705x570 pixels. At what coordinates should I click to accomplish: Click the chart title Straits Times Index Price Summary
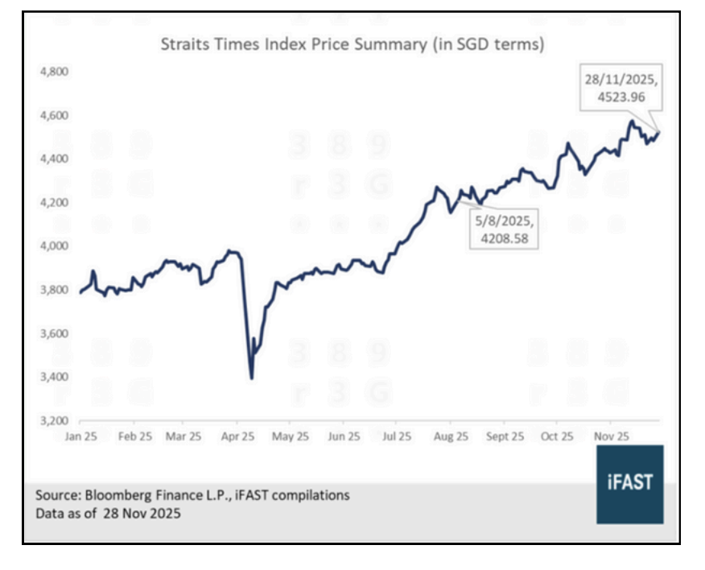click(352, 45)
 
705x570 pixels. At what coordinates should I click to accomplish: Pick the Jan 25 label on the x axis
click(83, 437)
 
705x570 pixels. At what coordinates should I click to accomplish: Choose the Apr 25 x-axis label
click(237, 437)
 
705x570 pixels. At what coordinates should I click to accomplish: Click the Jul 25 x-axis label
click(396, 437)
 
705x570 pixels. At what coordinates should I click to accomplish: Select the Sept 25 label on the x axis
click(504, 437)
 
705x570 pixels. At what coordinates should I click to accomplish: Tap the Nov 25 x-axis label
click(611, 437)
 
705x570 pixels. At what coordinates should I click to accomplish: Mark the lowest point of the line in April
click(252, 378)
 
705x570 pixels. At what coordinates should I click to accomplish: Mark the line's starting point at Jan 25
click(79, 293)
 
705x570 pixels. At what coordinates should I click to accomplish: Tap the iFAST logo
click(630, 484)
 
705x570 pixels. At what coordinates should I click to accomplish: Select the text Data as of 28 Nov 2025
click(108, 514)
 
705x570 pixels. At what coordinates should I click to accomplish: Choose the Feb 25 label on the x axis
click(134, 437)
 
